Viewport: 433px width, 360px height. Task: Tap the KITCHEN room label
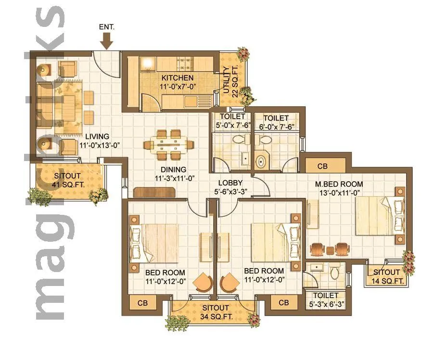point(178,82)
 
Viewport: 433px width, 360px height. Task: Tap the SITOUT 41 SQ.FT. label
point(67,180)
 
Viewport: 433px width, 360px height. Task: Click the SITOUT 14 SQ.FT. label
point(386,276)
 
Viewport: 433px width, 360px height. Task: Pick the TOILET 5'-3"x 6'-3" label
point(326,300)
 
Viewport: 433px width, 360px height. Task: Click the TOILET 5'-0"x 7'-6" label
point(233,121)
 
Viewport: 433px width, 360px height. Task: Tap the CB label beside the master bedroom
point(322,166)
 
